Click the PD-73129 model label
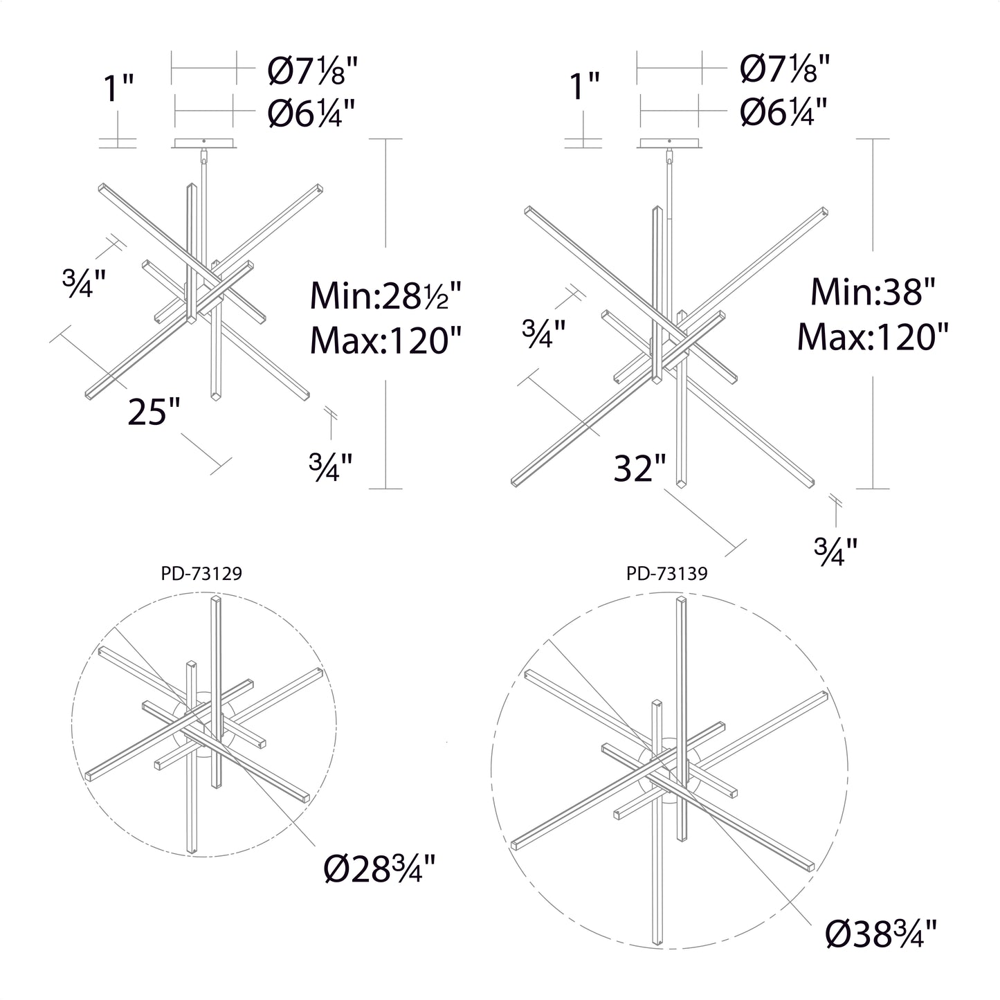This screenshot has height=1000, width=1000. (201, 574)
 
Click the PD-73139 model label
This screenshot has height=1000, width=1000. (667, 574)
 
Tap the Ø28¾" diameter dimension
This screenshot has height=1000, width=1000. (379, 869)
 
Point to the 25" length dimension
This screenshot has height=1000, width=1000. (154, 412)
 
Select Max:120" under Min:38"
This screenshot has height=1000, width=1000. (873, 336)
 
